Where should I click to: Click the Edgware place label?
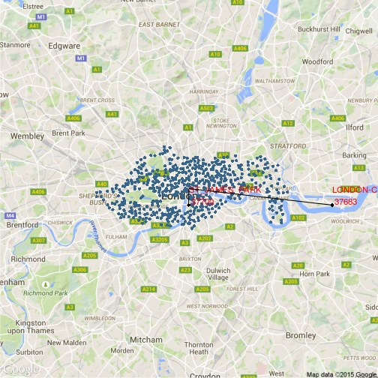[64, 45]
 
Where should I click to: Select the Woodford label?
[317, 61]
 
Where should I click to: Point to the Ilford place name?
[354, 127]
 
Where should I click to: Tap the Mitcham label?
[145, 339]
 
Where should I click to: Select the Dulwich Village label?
[217, 274]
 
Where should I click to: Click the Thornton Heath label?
[199, 348]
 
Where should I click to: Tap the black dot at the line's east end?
[332, 205]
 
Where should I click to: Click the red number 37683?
[346, 201]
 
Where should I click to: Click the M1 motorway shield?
[81, 58]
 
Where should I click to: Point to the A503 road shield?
[206, 109]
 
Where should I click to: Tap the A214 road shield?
[148, 289]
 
